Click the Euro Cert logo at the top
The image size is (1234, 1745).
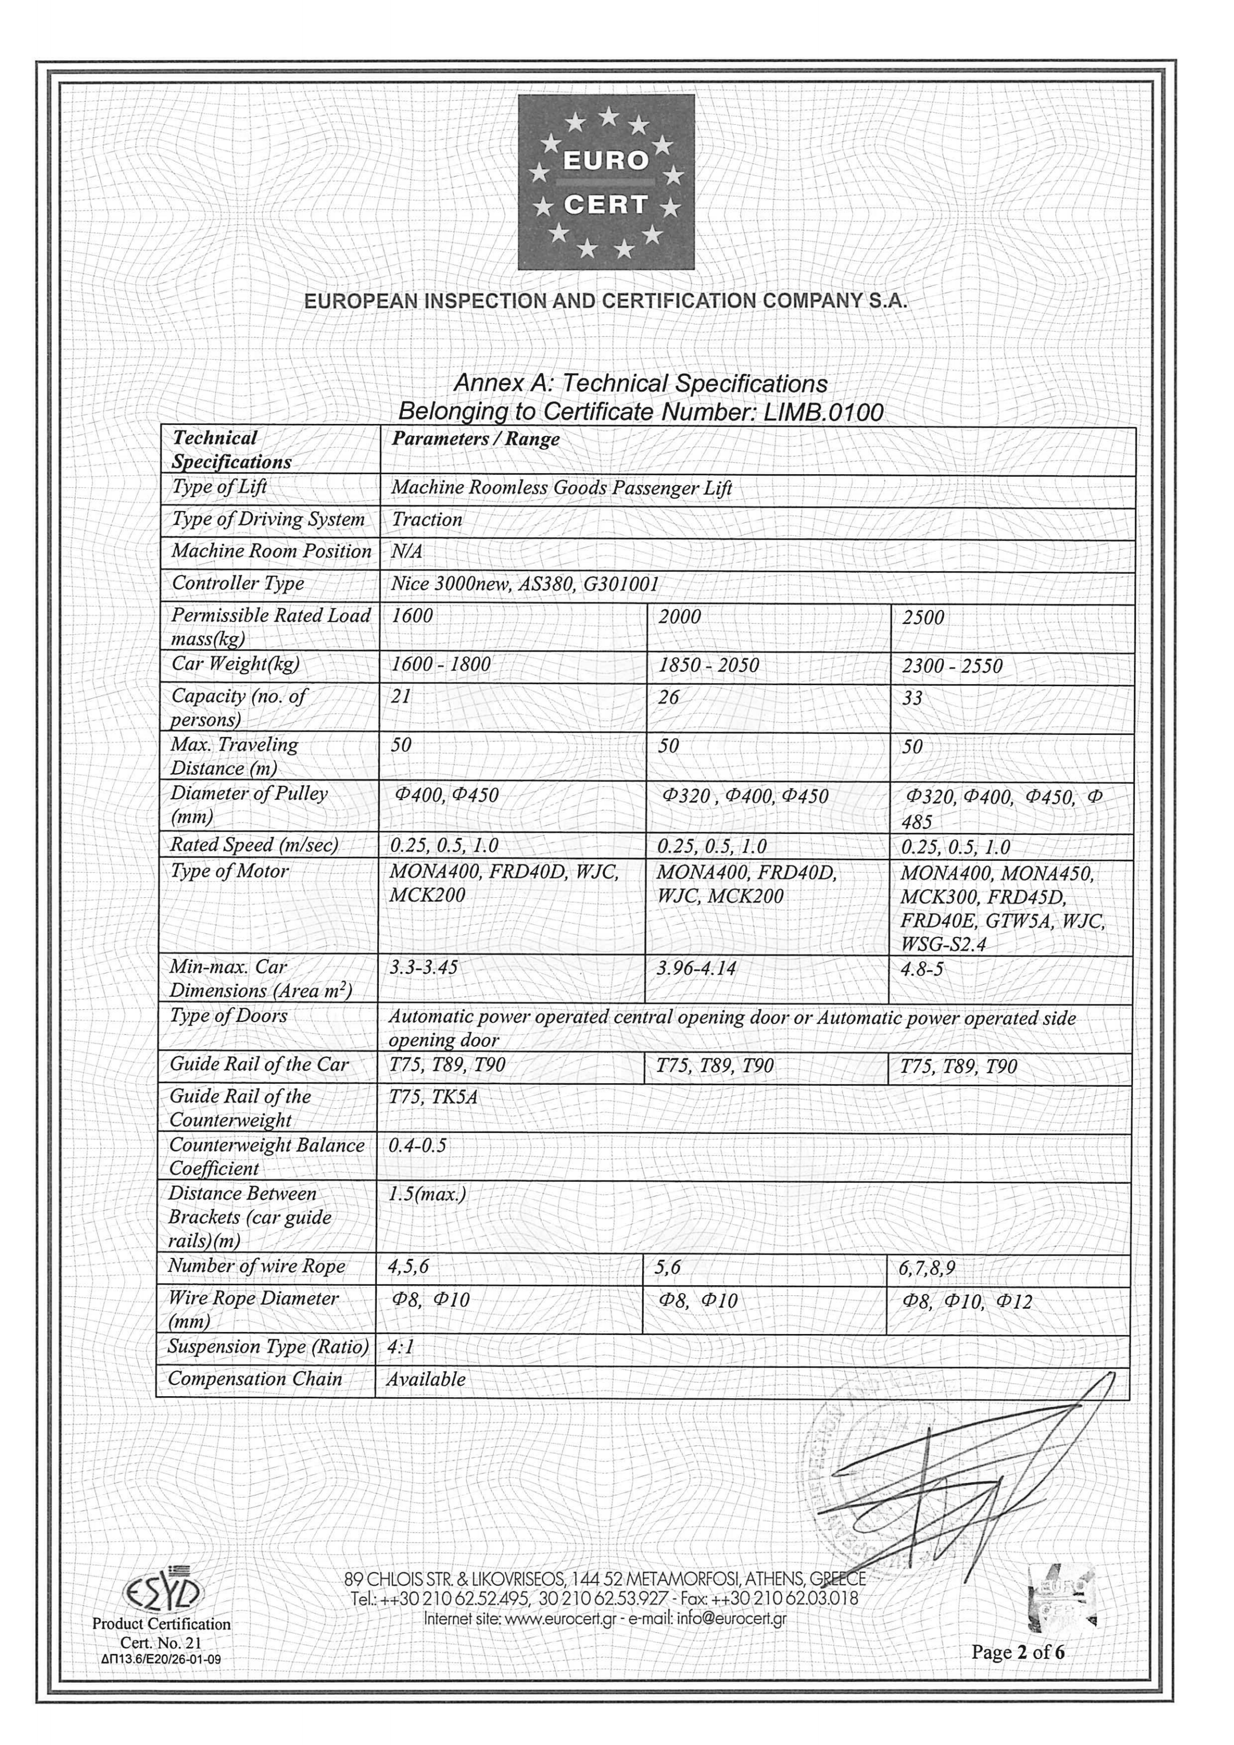point(606,182)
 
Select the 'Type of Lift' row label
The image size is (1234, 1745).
point(220,487)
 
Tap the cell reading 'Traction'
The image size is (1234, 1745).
point(427,520)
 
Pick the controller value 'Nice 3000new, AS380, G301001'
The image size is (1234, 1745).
point(524,584)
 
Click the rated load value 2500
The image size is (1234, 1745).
point(923,617)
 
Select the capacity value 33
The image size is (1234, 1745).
point(912,698)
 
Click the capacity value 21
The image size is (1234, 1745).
point(401,696)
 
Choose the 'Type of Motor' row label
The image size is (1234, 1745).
point(230,871)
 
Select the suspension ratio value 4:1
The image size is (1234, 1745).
point(401,1347)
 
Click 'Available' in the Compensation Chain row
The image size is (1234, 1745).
point(425,1380)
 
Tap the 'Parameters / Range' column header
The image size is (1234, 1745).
point(476,439)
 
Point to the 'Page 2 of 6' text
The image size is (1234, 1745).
point(1017,1652)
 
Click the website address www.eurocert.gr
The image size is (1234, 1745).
point(560,1619)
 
